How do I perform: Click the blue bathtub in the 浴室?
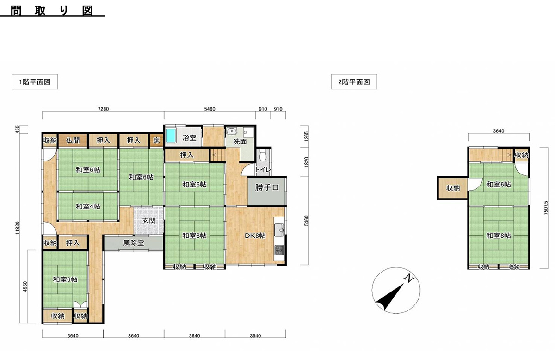[171, 136]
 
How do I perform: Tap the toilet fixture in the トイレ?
[263, 155]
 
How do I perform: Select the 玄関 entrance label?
[149, 221]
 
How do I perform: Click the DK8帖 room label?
[255, 236]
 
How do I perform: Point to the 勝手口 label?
[267, 187]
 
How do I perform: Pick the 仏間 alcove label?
[73, 140]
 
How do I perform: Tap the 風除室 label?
[134, 243]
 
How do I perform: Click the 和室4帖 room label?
[88, 206]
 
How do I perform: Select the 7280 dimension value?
[103, 109]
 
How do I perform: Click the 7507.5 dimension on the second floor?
[546, 208]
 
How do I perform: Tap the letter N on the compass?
[409, 278]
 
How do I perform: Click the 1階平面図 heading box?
[35, 82]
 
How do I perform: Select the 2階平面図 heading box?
[354, 82]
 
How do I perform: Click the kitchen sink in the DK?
[279, 230]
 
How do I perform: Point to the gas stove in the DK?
[279, 251]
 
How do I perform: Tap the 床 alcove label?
[156, 140]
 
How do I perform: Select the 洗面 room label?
[240, 142]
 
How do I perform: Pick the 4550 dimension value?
[25, 286]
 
